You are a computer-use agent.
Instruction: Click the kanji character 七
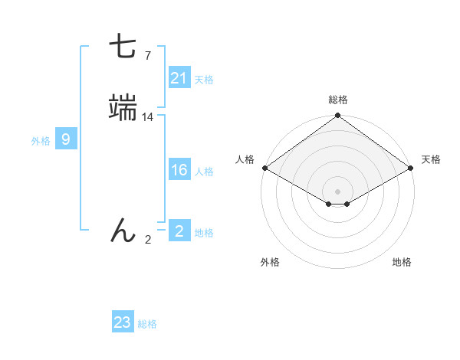click(123, 48)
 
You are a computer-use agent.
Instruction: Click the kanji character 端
click(123, 109)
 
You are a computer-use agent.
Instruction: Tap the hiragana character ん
click(123, 230)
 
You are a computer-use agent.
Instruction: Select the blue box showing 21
click(179, 78)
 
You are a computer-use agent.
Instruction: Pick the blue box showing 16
click(179, 170)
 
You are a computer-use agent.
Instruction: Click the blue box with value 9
click(66, 139)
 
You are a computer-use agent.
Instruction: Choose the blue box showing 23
click(123, 322)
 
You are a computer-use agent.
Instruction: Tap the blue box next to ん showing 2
click(179, 231)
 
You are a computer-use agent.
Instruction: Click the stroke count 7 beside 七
click(148, 55)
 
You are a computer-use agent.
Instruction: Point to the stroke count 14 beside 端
click(148, 117)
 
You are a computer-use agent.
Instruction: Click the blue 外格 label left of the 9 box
click(41, 141)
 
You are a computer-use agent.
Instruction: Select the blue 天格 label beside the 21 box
click(204, 80)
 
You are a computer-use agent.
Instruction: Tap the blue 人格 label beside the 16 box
click(204, 172)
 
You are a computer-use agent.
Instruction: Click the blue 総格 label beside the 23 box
click(147, 324)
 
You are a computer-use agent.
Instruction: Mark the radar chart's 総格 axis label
click(338, 100)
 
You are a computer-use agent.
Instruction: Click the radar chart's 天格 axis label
click(431, 159)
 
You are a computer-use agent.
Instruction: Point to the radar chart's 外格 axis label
click(270, 262)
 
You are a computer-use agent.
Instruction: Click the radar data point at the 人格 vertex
click(264, 169)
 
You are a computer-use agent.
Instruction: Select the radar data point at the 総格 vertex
click(337, 116)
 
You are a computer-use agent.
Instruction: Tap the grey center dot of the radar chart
click(337, 191)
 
